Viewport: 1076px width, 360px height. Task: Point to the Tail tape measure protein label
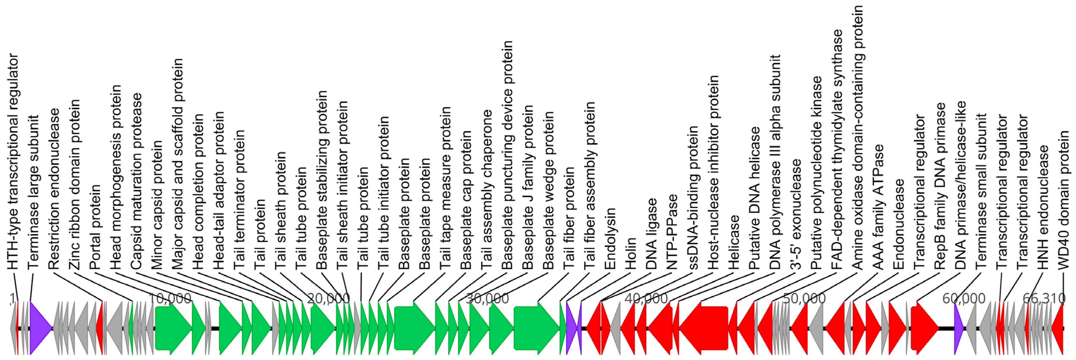[x=445, y=188]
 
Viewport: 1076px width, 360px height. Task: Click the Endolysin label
[x=610, y=238]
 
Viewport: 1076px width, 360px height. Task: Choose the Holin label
[x=630, y=253]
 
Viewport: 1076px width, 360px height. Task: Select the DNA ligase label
[x=651, y=234]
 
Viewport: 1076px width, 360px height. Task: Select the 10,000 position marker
[x=170, y=298]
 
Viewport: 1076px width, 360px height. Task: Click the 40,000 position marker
[x=646, y=298]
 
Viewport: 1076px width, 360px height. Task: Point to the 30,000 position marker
[x=487, y=298]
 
